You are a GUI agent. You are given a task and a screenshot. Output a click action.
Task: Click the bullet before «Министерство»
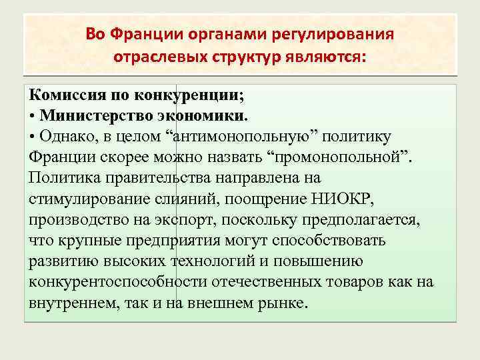33,115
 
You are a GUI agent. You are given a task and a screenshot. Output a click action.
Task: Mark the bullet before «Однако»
33,136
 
